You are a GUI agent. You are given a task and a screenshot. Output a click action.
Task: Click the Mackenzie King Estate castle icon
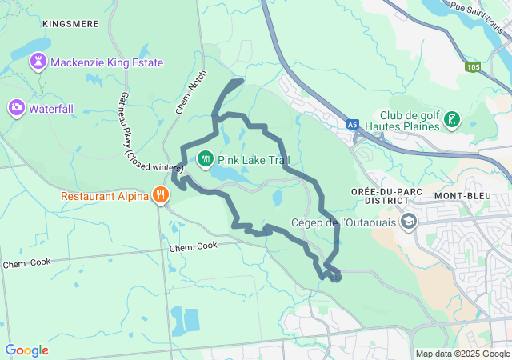[38, 62]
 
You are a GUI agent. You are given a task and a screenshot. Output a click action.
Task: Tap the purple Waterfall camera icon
[16, 106]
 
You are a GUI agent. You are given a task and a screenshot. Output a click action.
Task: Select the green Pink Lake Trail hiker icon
[205, 159]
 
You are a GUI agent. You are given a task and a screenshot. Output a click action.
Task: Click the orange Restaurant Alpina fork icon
[161, 195]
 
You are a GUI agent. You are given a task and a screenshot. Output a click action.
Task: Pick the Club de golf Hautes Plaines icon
[453, 120]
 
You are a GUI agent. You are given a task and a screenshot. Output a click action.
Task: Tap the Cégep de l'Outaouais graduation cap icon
[409, 221]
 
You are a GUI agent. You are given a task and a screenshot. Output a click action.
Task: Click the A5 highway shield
[353, 125]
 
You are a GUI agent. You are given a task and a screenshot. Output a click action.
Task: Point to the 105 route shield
[473, 66]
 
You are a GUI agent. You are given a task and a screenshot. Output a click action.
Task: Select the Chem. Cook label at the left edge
[26, 263]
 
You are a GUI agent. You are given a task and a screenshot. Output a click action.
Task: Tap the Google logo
[26, 350]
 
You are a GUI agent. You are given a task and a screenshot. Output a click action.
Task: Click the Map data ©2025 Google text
[462, 354]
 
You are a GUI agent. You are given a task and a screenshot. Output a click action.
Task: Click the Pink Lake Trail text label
[254, 160]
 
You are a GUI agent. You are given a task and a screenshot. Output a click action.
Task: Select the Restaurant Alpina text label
[104, 196]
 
